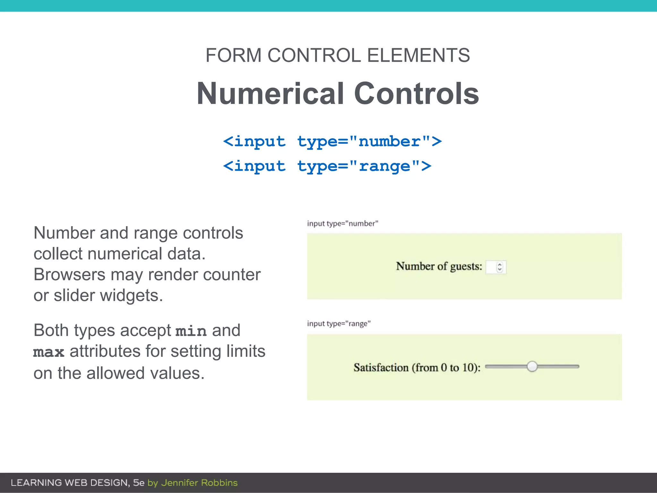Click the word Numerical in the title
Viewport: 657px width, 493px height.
coord(271,93)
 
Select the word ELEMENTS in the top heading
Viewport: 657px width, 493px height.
coord(418,55)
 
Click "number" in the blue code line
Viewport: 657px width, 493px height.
coord(389,142)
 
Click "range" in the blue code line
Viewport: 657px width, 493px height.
coord(384,166)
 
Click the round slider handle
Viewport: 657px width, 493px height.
coord(532,366)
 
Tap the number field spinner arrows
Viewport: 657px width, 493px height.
coord(499,267)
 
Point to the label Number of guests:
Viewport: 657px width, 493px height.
coord(439,266)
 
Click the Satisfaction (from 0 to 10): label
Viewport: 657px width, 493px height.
coord(417,368)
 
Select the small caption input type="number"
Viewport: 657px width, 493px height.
coord(343,223)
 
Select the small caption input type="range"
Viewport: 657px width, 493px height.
coord(339,324)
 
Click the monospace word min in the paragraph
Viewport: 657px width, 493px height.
coord(191,331)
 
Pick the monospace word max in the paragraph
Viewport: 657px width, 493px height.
coord(49,352)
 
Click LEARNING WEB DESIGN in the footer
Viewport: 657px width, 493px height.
coord(70,483)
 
